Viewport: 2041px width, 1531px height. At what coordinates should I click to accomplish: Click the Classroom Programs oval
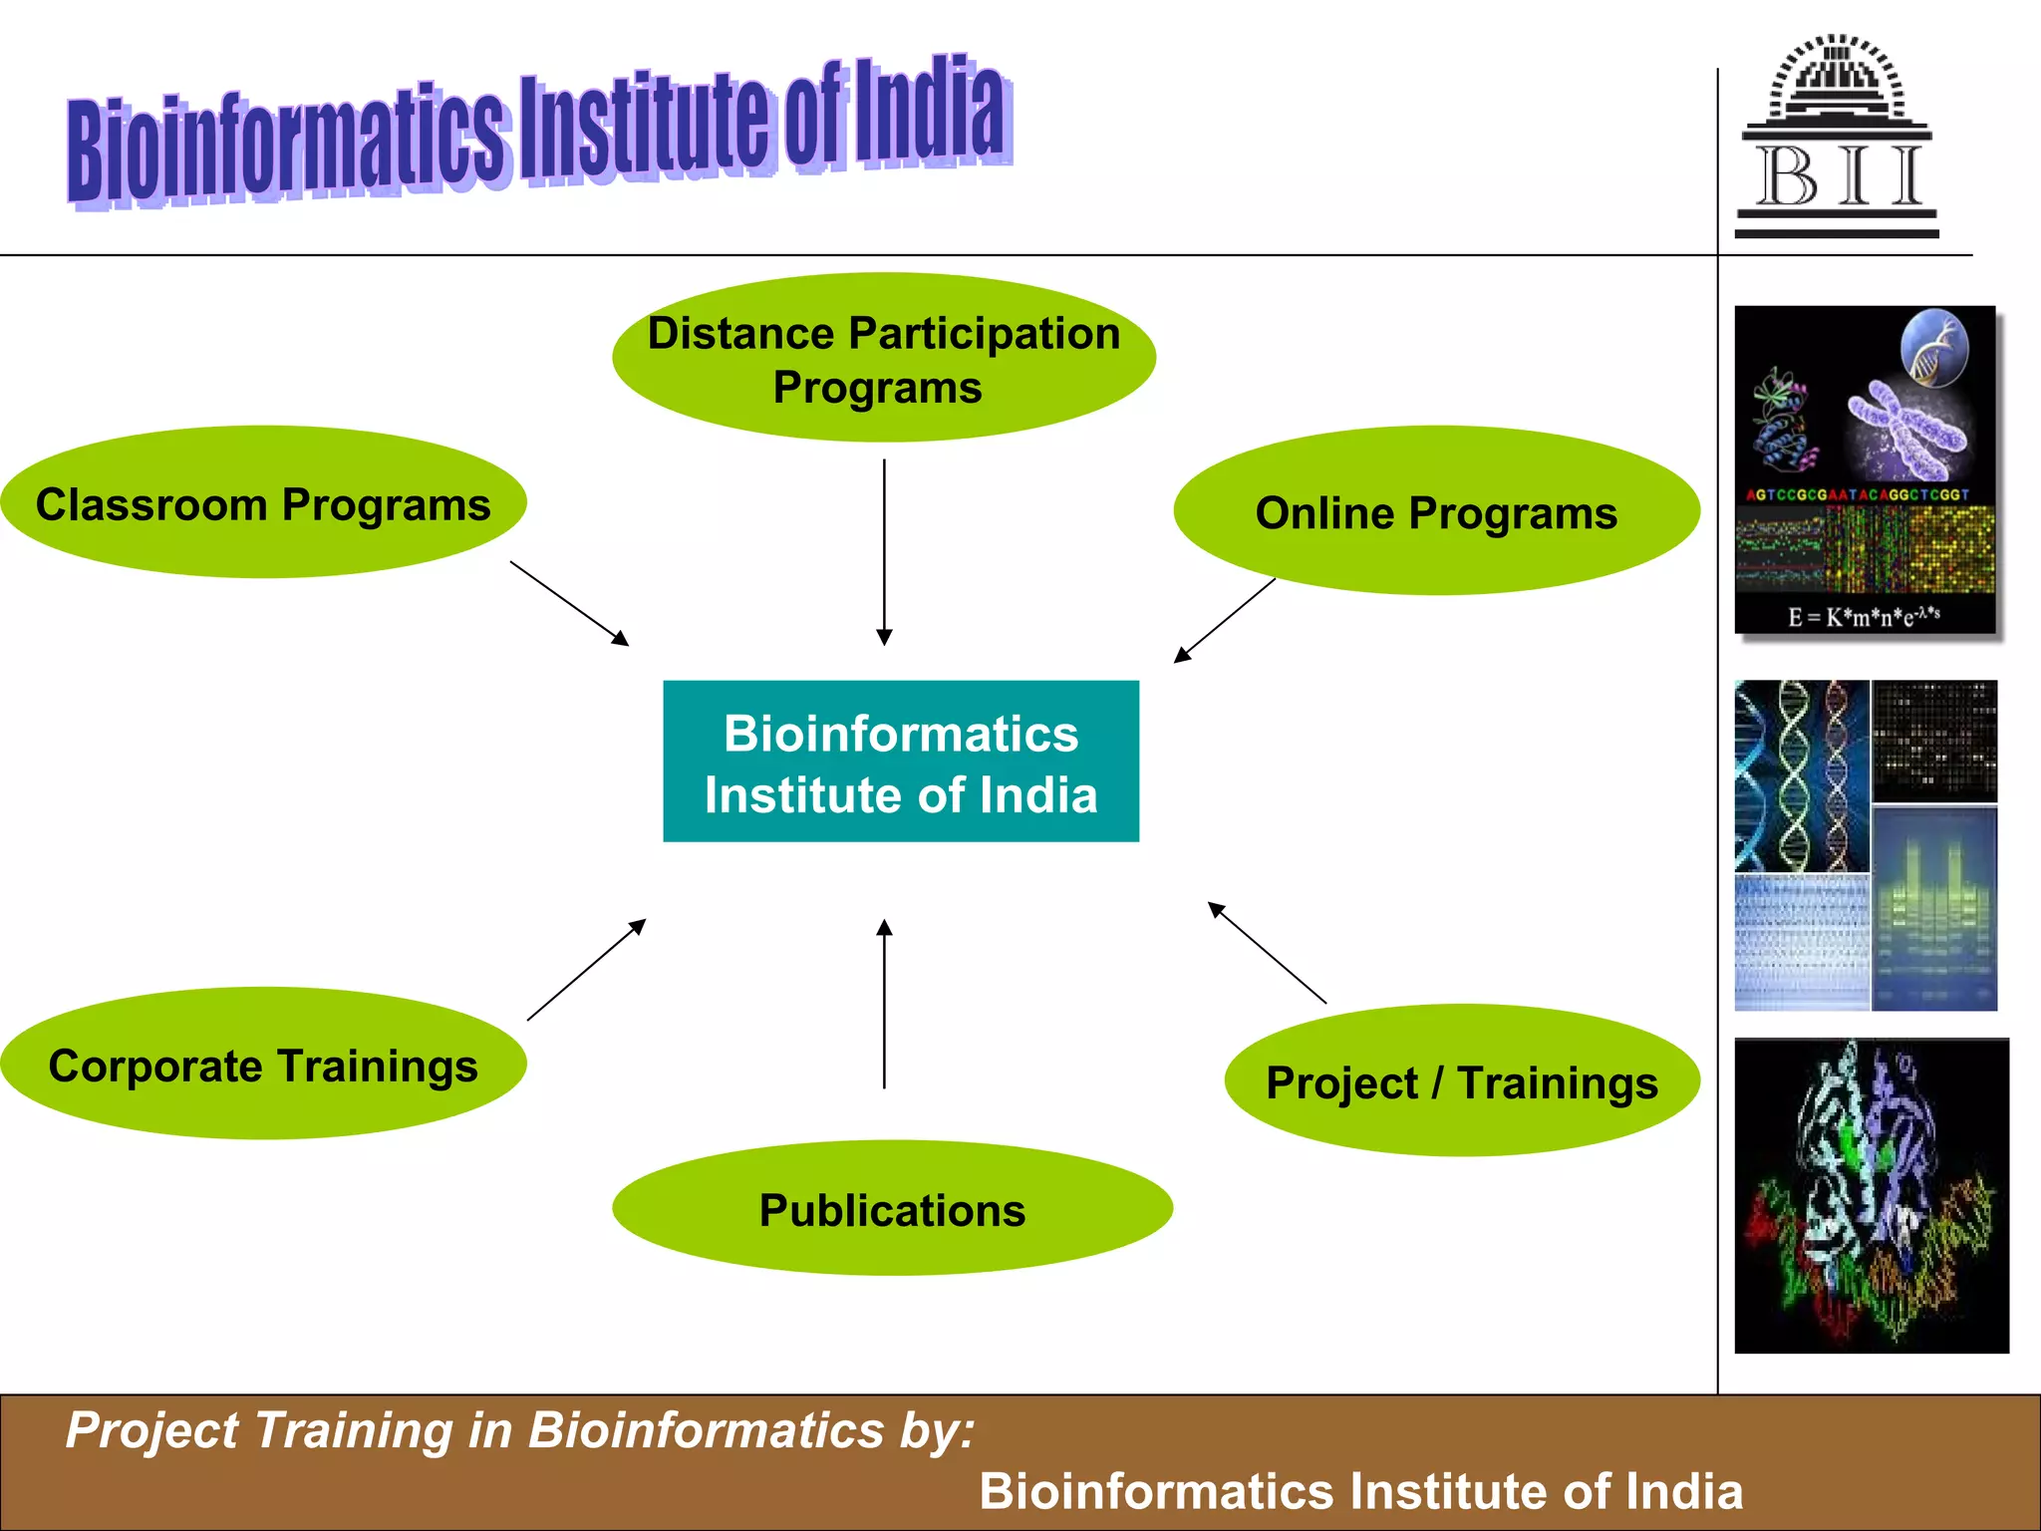click(x=263, y=502)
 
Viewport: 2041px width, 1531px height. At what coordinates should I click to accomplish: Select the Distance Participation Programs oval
click(x=883, y=358)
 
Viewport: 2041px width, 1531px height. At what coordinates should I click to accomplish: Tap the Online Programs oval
click(x=1436, y=511)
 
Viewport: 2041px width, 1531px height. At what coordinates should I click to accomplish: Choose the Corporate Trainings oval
click(x=263, y=1064)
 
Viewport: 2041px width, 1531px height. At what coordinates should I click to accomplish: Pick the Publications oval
click(x=892, y=1208)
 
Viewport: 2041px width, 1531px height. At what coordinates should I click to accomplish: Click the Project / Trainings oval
click(x=1461, y=1080)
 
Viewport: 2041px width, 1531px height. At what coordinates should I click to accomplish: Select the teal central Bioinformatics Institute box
click(x=901, y=762)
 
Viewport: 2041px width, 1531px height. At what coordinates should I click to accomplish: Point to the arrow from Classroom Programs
click(x=569, y=603)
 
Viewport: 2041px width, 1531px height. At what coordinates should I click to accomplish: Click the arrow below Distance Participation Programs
click(x=884, y=551)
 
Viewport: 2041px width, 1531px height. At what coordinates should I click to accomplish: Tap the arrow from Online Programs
click(x=1225, y=620)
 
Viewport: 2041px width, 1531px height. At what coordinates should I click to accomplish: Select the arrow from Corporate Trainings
click(x=586, y=970)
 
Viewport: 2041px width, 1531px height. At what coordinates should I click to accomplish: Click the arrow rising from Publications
click(x=884, y=1003)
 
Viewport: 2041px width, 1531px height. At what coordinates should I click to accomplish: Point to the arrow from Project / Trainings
click(x=1267, y=952)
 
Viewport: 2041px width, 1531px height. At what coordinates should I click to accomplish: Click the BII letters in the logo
click(x=1839, y=177)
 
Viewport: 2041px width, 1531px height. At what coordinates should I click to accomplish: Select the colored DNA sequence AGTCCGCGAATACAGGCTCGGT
click(x=1858, y=494)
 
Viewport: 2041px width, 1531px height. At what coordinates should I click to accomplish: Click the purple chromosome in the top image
click(x=1906, y=429)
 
